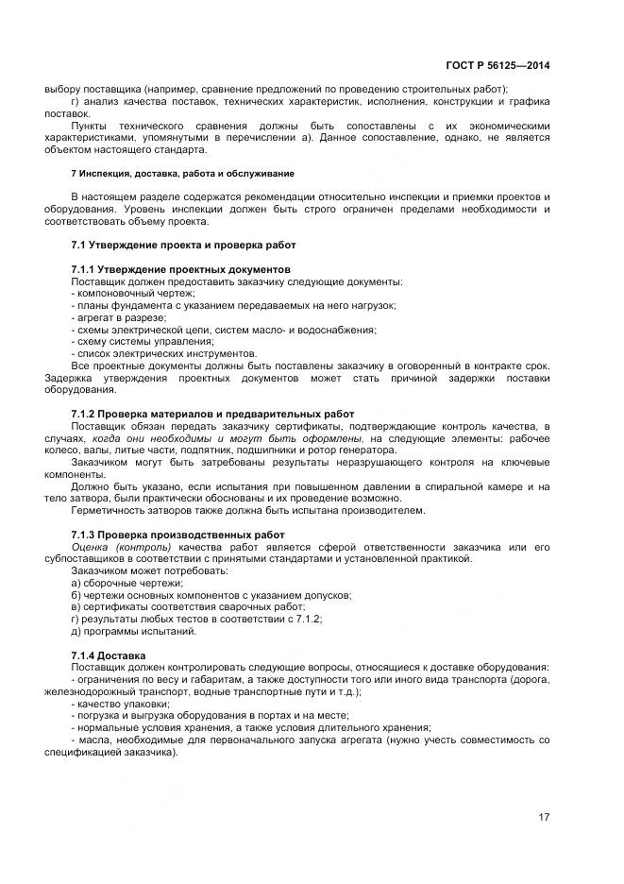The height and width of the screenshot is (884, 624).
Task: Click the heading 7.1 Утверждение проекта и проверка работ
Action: [183, 245]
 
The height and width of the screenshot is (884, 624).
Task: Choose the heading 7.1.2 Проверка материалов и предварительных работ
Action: [212, 414]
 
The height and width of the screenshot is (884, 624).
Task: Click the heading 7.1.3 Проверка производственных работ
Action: [177, 535]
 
